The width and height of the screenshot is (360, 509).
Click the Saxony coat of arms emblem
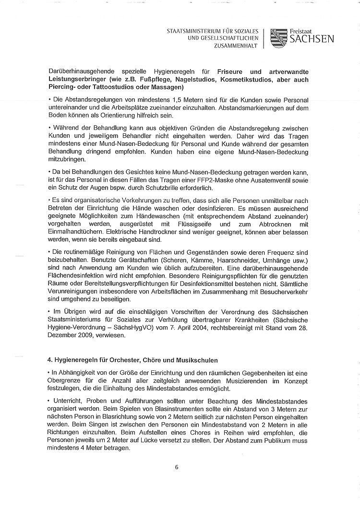pyautogui.click(x=278, y=37)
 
